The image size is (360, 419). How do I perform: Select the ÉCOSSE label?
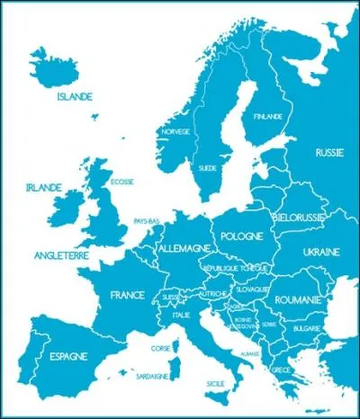[x=121, y=182]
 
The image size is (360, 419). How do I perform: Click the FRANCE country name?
[x=128, y=294]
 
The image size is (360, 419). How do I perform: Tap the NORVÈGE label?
[x=175, y=131]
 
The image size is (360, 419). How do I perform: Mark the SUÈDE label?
[x=207, y=168]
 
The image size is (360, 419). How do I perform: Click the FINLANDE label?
[x=267, y=117]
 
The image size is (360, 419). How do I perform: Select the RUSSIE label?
[x=329, y=153]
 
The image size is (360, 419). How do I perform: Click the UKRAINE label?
[x=320, y=252]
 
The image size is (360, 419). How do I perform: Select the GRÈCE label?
[x=281, y=370]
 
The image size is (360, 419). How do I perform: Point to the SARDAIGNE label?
[x=152, y=376]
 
